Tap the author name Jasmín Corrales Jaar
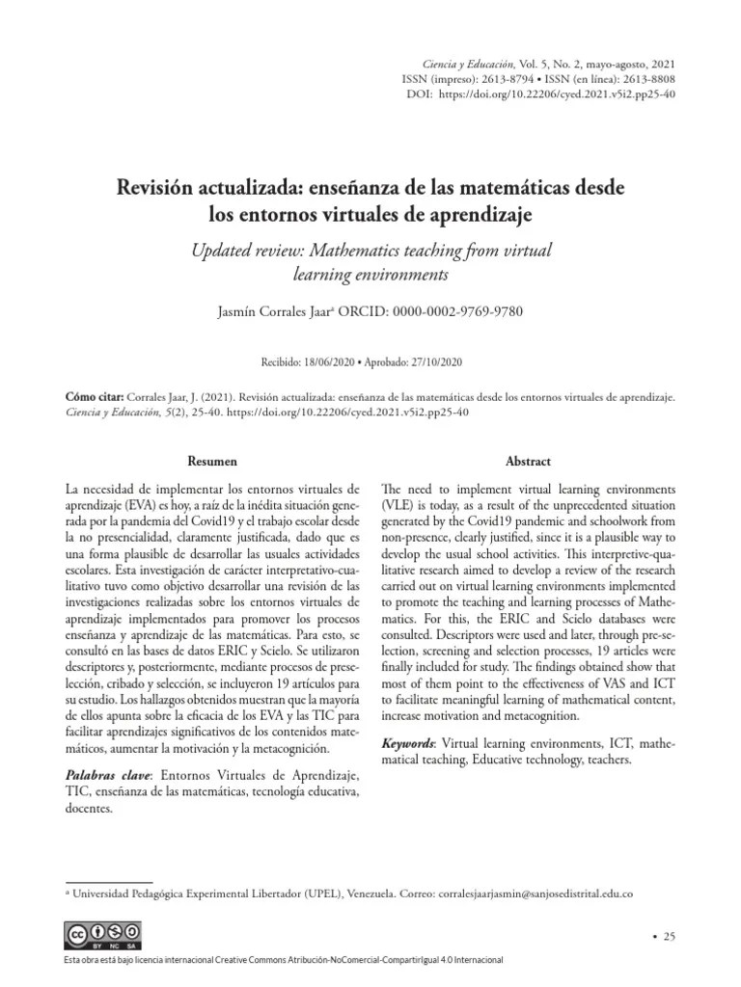click(x=279, y=313)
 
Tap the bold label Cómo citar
click(x=94, y=396)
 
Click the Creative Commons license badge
click(x=102, y=934)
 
